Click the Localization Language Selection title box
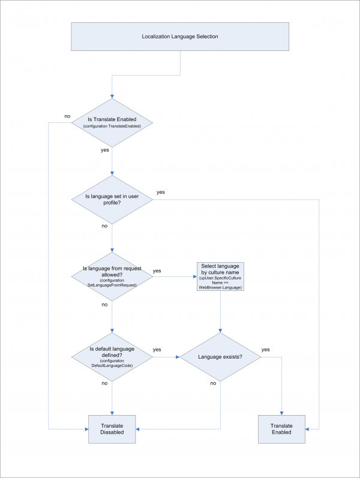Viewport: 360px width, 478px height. click(x=179, y=37)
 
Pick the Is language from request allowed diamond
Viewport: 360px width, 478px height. click(x=112, y=276)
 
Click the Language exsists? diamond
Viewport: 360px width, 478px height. click(x=221, y=357)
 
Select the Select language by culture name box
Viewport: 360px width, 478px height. click(x=221, y=276)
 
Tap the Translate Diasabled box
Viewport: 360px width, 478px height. click(x=112, y=429)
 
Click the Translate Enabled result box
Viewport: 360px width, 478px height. click(x=281, y=429)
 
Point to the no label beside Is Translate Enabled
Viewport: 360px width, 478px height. click(x=67, y=116)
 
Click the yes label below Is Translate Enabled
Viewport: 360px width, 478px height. click(x=104, y=150)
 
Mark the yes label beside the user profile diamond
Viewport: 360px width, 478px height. click(x=161, y=192)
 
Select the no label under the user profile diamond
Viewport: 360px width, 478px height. click(x=104, y=226)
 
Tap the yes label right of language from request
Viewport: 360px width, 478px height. click(x=157, y=270)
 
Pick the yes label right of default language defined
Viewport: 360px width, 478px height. click(x=157, y=349)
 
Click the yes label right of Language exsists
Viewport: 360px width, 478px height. click(x=266, y=349)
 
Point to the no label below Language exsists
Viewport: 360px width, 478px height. click(x=212, y=383)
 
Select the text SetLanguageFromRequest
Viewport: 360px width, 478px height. click(x=113, y=284)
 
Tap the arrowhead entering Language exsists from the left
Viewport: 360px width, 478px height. click(x=178, y=357)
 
